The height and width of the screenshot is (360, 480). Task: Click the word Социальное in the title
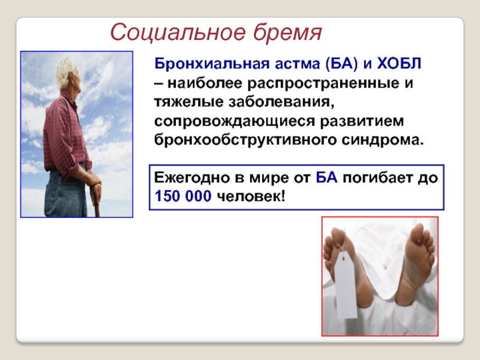pyautogui.click(x=178, y=32)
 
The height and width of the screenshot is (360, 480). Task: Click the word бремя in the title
pyautogui.click(x=287, y=32)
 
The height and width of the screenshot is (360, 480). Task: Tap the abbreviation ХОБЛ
pyautogui.click(x=399, y=64)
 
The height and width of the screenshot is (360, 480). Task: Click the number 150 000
pyautogui.click(x=183, y=196)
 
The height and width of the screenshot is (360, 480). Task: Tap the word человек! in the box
pyautogui.click(x=251, y=196)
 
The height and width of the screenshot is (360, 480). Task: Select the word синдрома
pyautogui.click(x=383, y=140)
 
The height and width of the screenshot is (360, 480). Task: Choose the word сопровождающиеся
pyautogui.click(x=235, y=121)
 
